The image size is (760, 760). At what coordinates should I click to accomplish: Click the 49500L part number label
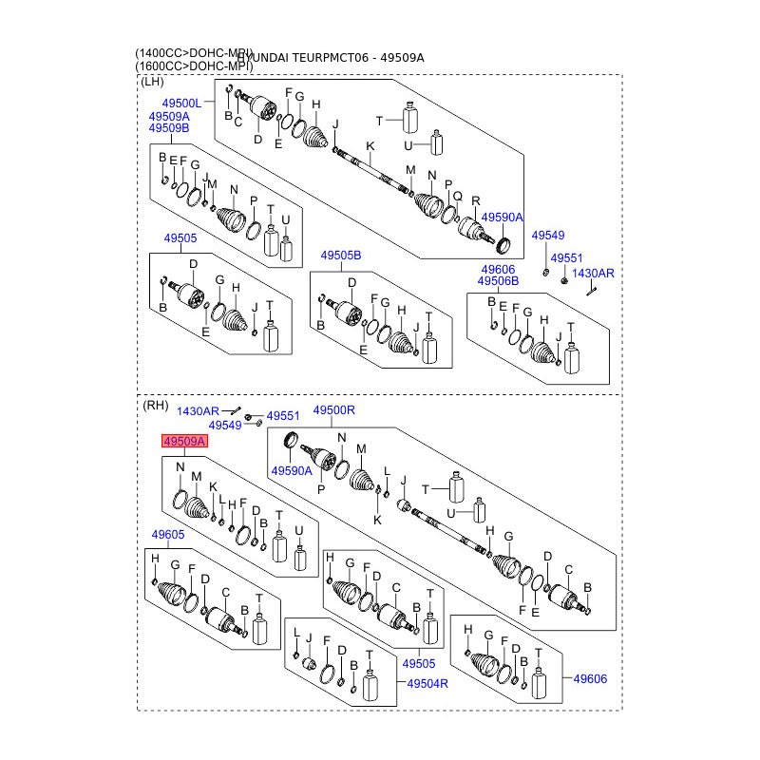point(180,103)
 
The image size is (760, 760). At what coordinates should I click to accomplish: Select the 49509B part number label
point(168,128)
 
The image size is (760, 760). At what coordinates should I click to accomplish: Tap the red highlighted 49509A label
point(184,442)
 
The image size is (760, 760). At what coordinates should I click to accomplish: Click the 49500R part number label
point(333,410)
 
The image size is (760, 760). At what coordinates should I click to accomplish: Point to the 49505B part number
point(340,256)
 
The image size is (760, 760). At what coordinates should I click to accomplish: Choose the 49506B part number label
point(498,281)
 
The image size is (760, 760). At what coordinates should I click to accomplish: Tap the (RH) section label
point(155,406)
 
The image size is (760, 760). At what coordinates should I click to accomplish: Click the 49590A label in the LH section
point(502,218)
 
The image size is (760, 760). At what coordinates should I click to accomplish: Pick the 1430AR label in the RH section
point(198,410)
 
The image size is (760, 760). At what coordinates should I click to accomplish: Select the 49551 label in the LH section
point(566,257)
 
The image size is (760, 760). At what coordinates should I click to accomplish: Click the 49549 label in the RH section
point(224,426)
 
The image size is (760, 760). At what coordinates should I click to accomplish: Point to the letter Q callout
point(457,197)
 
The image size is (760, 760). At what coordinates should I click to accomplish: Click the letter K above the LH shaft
point(370,145)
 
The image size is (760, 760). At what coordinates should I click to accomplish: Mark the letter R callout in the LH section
point(476,200)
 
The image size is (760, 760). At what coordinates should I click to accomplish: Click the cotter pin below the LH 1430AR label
point(590,291)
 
